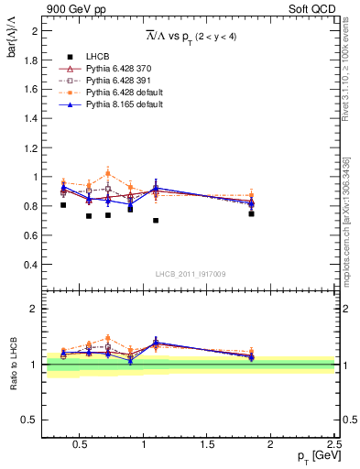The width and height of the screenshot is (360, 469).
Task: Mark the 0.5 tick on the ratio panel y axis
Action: point(31,420)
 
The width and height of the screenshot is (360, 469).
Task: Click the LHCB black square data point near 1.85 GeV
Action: point(251,213)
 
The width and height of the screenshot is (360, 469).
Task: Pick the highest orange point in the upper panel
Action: point(108,173)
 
